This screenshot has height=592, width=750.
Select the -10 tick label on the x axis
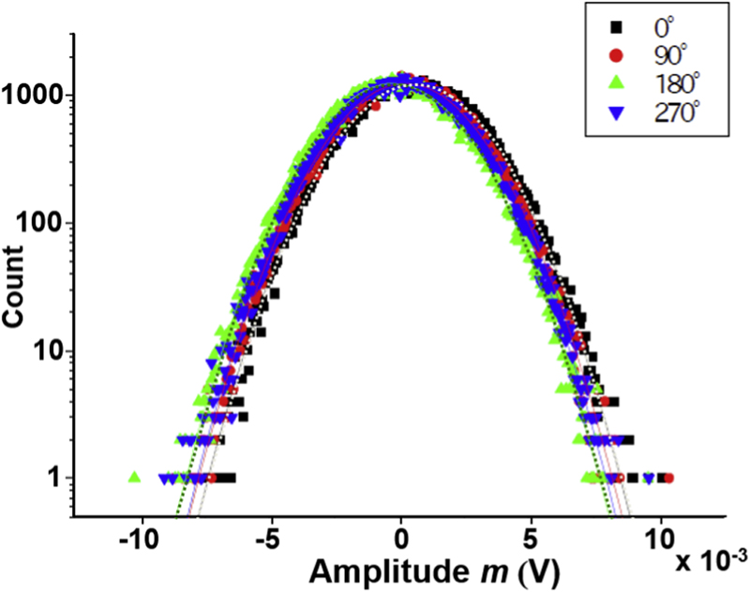pos(138,542)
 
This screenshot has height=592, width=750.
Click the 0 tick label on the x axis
pos(401,542)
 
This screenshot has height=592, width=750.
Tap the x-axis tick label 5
pos(532,542)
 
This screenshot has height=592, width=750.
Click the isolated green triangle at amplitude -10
pos(134,477)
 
